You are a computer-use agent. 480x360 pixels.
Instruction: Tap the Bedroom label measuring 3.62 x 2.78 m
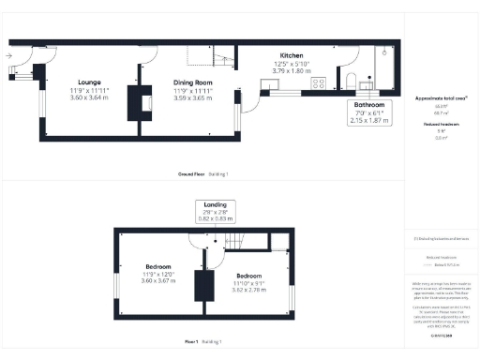(x=248, y=275)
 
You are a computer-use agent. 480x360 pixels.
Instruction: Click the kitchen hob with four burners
(x=318, y=82)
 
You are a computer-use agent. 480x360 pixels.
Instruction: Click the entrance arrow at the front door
(x=8, y=56)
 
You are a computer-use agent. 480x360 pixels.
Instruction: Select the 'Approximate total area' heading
(x=440, y=97)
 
